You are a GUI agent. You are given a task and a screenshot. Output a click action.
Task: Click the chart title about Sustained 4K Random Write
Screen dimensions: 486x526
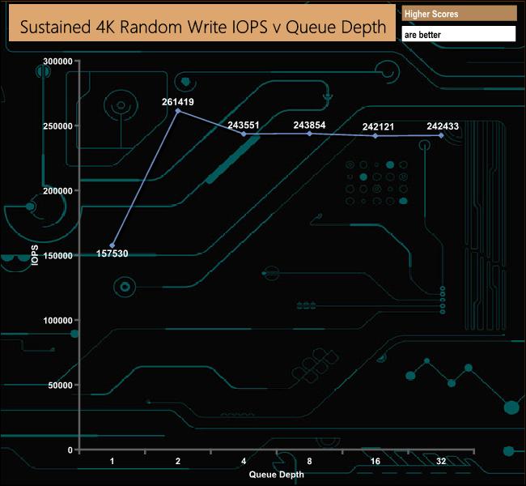tap(203, 27)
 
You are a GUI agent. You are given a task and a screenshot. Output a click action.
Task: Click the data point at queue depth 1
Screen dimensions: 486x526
tap(112, 245)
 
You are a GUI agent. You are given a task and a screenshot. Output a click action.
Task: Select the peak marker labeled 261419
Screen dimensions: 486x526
tap(178, 110)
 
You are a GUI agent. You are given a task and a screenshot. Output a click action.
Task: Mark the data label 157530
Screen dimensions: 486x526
tap(112, 254)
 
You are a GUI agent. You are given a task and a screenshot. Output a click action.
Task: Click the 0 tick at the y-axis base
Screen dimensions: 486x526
tap(70, 450)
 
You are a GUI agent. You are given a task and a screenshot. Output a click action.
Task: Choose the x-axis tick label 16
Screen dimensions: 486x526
tap(375, 461)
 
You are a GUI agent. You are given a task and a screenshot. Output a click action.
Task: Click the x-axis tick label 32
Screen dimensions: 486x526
tap(441, 461)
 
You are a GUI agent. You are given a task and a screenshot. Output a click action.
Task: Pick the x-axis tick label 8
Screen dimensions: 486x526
tap(310, 461)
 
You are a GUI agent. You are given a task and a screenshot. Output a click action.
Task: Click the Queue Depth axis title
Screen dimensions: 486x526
tap(277, 474)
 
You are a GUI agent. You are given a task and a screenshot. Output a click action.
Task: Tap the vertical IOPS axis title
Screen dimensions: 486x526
tap(35, 256)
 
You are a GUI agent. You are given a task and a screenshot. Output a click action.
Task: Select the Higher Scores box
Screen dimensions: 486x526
tap(458, 14)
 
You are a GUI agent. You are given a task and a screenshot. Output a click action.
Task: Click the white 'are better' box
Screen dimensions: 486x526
tap(458, 34)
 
